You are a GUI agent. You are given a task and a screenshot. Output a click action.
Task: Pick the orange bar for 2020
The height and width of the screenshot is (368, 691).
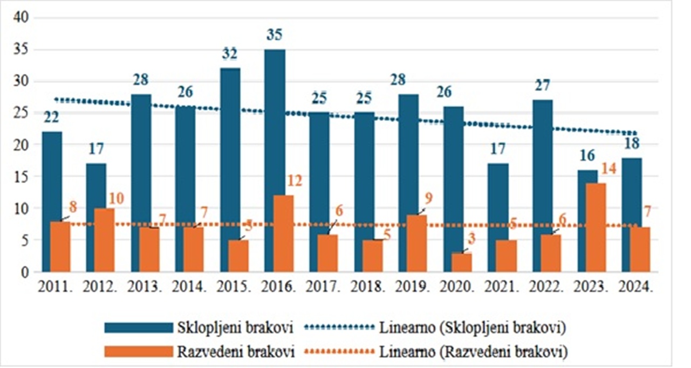(462, 262)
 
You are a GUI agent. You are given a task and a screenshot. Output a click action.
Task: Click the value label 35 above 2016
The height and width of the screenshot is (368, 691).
(275, 36)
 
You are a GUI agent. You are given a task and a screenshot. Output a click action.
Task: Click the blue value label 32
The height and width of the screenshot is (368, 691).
(230, 53)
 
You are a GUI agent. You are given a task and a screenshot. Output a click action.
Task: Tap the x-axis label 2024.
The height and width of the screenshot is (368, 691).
(637, 287)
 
